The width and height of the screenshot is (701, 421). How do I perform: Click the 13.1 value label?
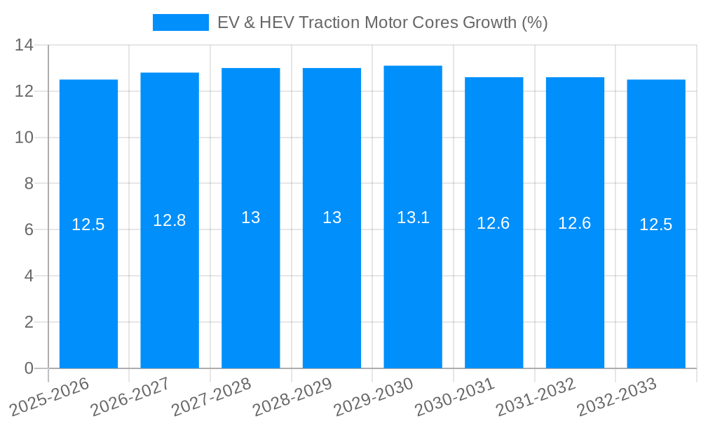pos(413,218)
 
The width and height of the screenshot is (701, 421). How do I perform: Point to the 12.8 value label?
pos(170,220)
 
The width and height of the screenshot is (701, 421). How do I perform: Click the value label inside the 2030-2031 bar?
pos(494,223)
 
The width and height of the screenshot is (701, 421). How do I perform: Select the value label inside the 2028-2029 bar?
pos(332,218)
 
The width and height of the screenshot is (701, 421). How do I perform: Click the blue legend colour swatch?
pos(180,22)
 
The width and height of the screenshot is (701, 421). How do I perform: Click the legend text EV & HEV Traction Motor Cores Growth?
pos(382,22)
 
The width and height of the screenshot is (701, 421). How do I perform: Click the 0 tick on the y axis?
pos(29,368)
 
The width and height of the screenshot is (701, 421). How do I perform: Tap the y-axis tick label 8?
pos(29,184)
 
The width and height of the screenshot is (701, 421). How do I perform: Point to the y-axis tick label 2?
pos(29,322)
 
